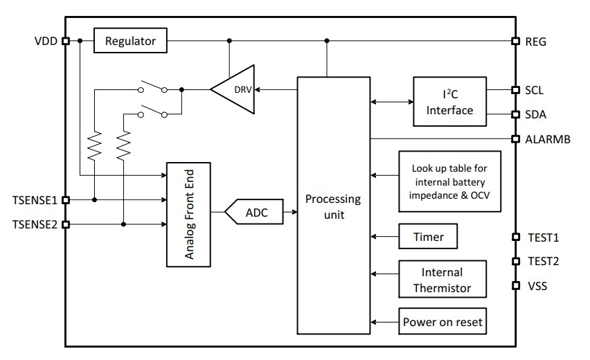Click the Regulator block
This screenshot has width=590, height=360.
click(x=130, y=41)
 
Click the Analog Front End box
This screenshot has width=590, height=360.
click(x=188, y=215)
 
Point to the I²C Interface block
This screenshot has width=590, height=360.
click(x=449, y=102)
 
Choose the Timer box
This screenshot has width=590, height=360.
click(x=428, y=237)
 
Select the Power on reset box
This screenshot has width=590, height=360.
click(x=442, y=322)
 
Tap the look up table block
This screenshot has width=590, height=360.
click(x=449, y=181)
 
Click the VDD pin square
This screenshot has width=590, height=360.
click(x=66, y=41)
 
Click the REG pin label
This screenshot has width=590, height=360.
click(x=535, y=42)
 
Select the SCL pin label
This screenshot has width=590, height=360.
click(x=534, y=90)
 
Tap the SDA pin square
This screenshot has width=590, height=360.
click(x=515, y=114)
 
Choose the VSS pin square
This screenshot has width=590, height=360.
click(x=515, y=285)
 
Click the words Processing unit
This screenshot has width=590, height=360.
click(x=333, y=206)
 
